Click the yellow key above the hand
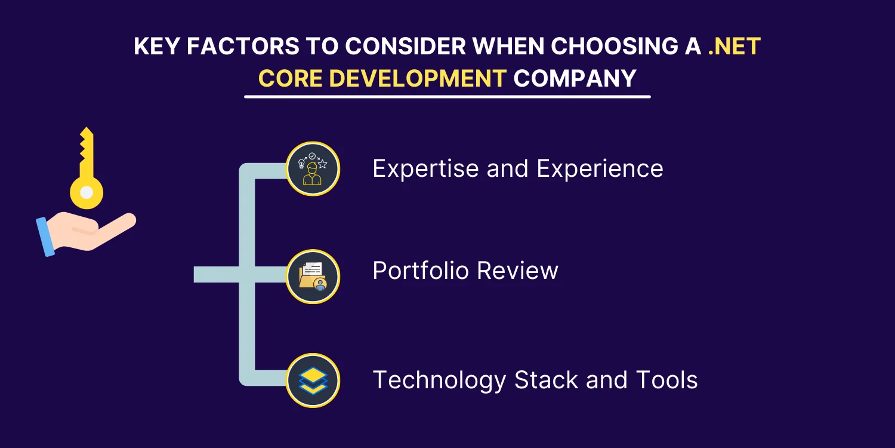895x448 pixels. pos(87,172)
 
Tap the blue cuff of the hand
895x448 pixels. pos(45,237)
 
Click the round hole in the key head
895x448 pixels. pos(87,192)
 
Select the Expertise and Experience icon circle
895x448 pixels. pos(313,169)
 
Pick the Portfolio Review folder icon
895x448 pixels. pos(313,277)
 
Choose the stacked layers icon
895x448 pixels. pos(313,381)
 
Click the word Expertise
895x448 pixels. pos(425,169)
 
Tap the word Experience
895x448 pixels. pos(600,169)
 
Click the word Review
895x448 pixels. pos(517,271)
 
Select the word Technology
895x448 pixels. pos(440,381)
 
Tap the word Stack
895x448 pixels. pos(546,379)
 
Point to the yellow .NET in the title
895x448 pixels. pos(734,46)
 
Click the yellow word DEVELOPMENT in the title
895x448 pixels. pos(418,78)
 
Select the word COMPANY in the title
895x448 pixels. pos(575,78)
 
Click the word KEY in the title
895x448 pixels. pos(156,46)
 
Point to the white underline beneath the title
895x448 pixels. pos(447,97)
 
